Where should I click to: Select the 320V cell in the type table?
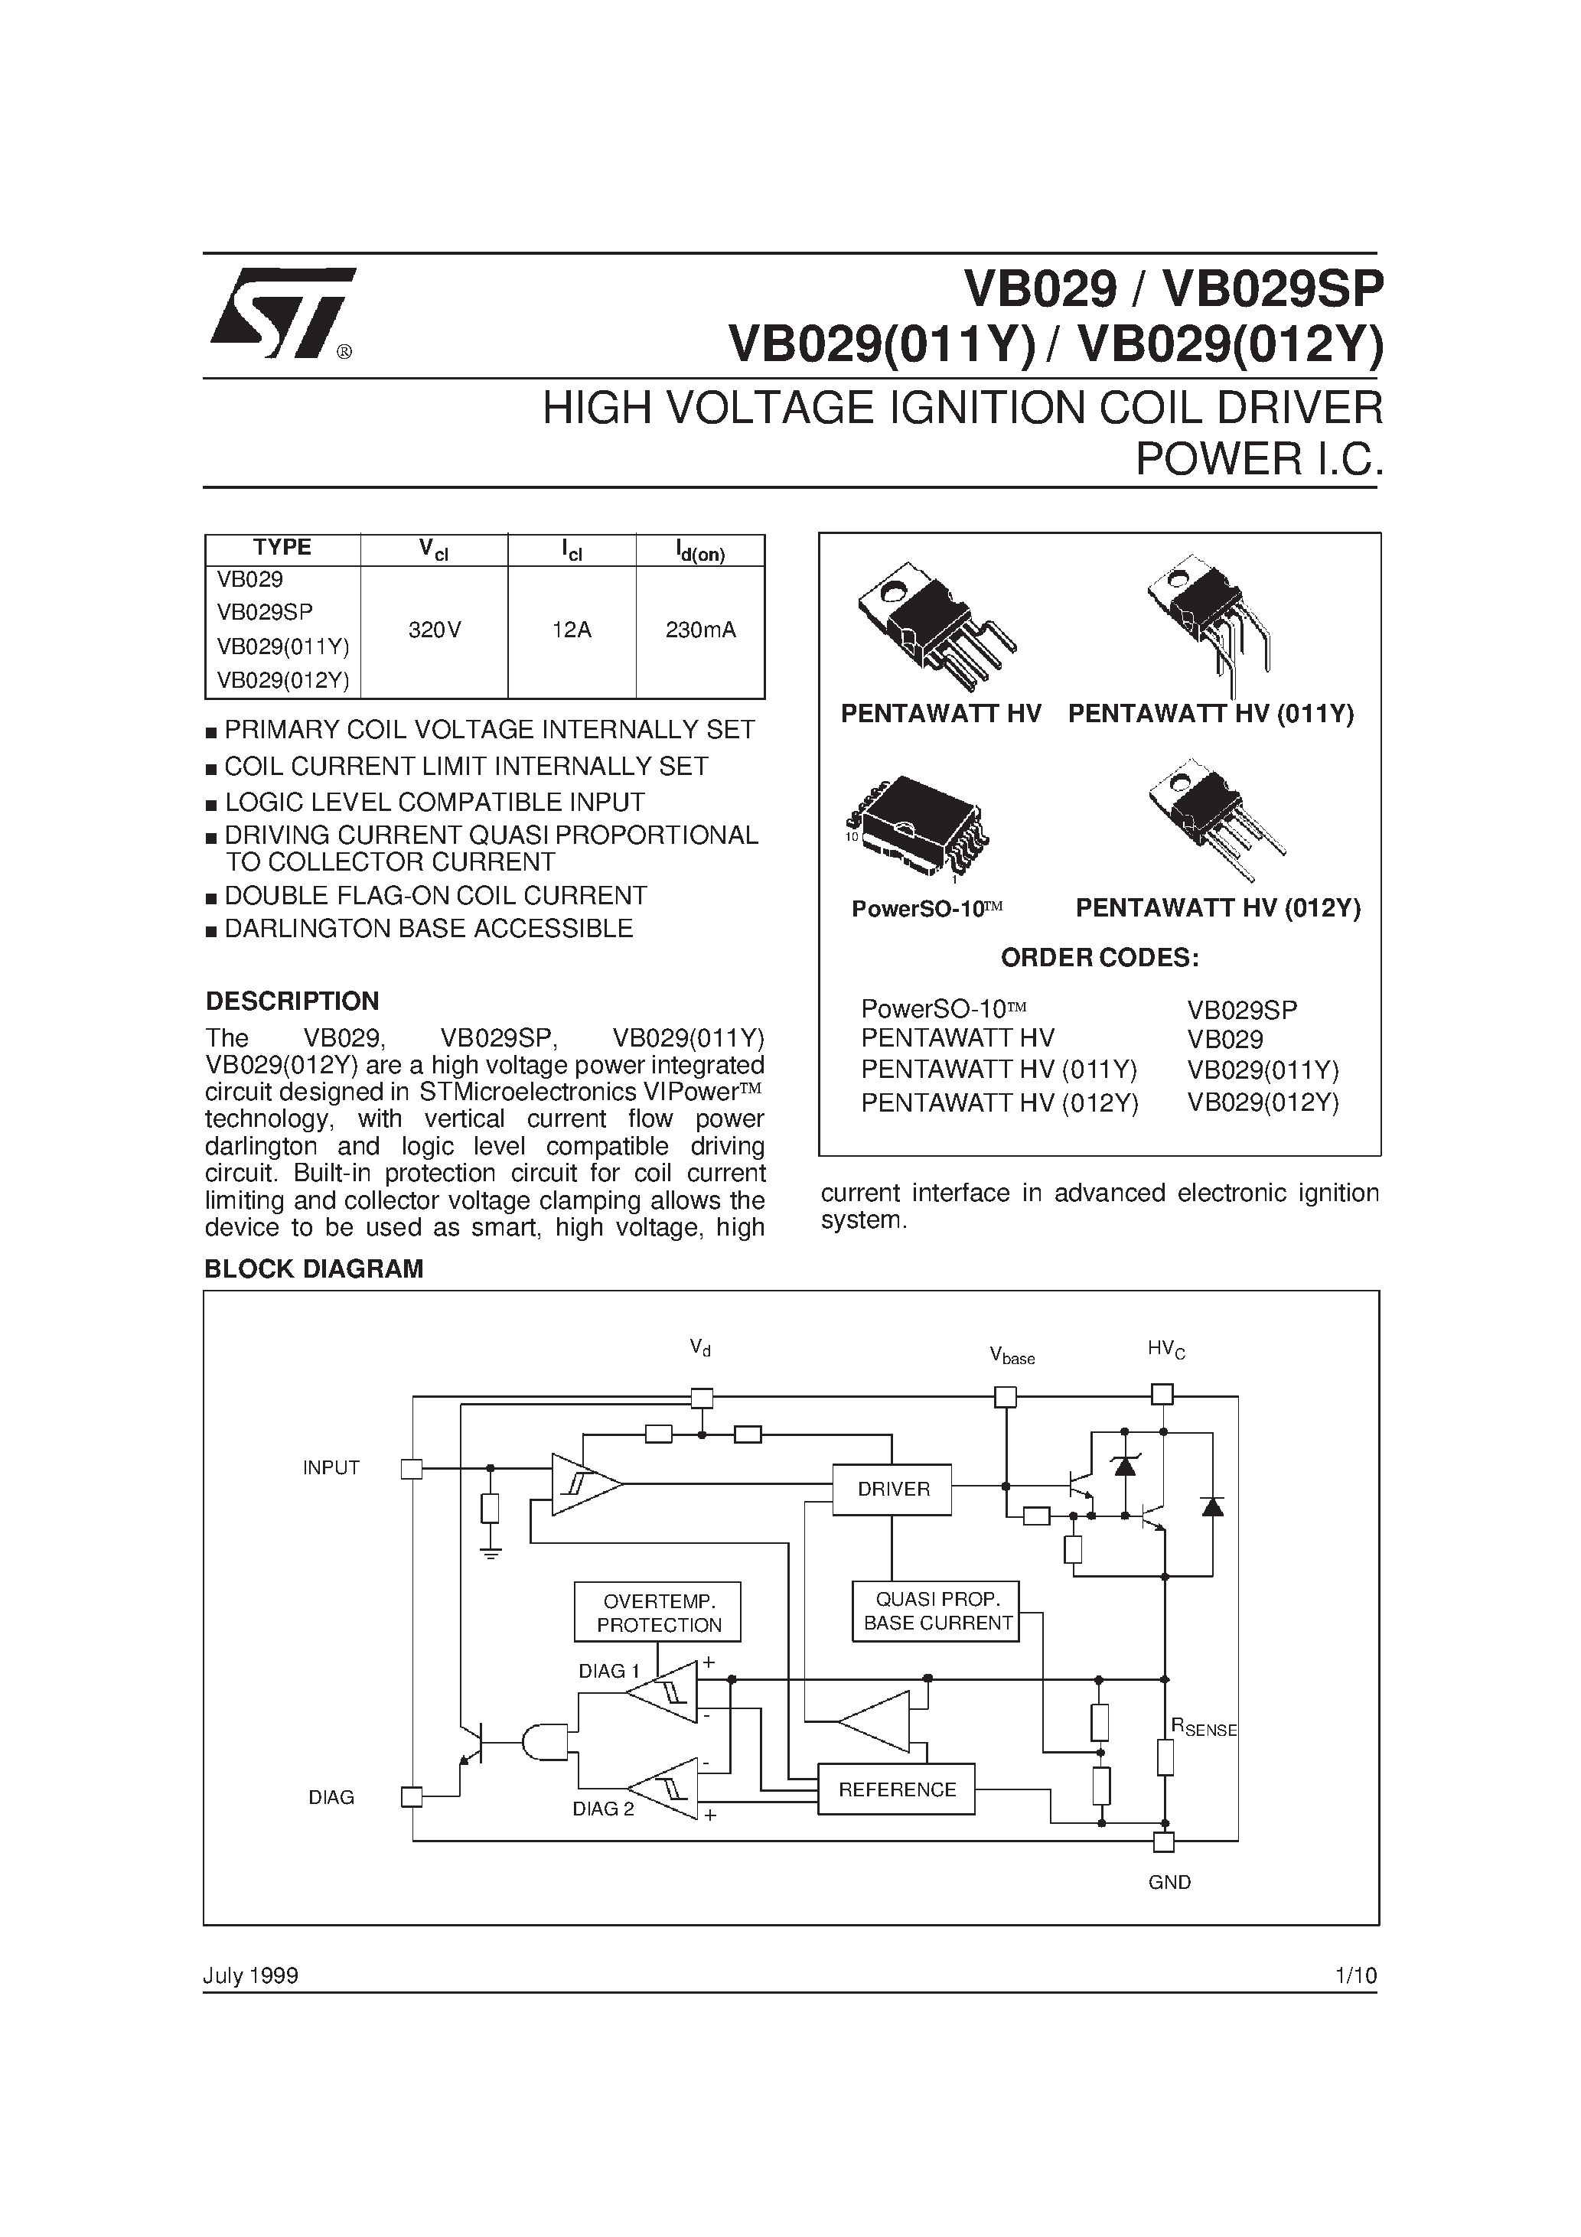tap(434, 630)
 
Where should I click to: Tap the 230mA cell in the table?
tap(700, 630)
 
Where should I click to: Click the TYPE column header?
tap(282, 548)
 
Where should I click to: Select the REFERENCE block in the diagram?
tap(896, 1789)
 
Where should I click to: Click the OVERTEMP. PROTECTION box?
tap(658, 1613)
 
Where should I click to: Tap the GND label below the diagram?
tap(1169, 1882)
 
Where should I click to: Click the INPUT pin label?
tap(331, 1468)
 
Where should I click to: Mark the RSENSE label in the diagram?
tap(1204, 1728)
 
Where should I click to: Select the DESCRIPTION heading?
tap(292, 1001)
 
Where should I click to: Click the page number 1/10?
tap(1356, 1975)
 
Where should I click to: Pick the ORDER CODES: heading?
tap(1100, 958)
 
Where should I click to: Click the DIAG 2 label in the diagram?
tap(602, 1809)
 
